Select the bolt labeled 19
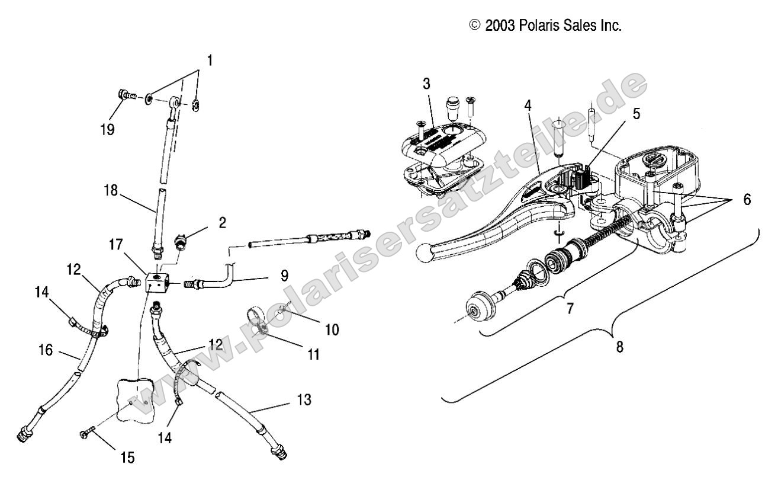coord(126,94)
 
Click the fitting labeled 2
coord(179,242)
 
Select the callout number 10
coord(332,329)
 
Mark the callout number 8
coord(620,347)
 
